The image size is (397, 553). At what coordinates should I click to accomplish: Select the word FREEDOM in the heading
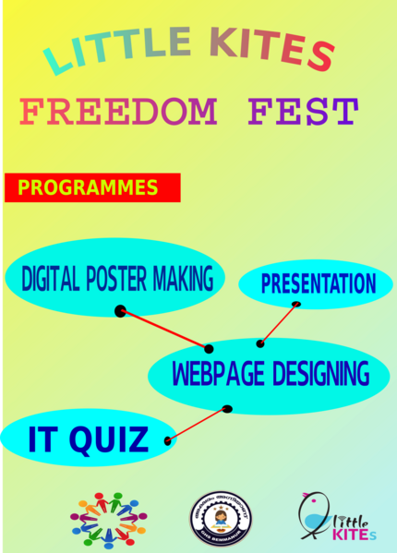click(119, 113)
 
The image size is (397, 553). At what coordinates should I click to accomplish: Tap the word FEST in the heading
click(302, 113)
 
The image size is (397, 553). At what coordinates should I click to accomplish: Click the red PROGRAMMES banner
click(92, 187)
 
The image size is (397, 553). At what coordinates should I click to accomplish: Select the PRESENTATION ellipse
click(317, 283)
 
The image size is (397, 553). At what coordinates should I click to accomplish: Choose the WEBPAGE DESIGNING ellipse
click(271, 375)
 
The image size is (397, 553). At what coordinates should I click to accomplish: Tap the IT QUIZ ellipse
click(88, 439)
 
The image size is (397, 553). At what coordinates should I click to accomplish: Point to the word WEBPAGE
click(218, 375)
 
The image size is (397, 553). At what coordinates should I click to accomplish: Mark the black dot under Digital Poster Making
click(120, 311)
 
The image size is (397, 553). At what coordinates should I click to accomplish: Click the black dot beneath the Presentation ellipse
click(296, 304)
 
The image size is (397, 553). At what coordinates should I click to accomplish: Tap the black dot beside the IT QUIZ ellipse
click(168, 441)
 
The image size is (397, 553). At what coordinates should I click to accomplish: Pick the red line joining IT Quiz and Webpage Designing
click(198, 425)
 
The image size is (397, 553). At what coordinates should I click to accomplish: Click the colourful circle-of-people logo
click(108, 519)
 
